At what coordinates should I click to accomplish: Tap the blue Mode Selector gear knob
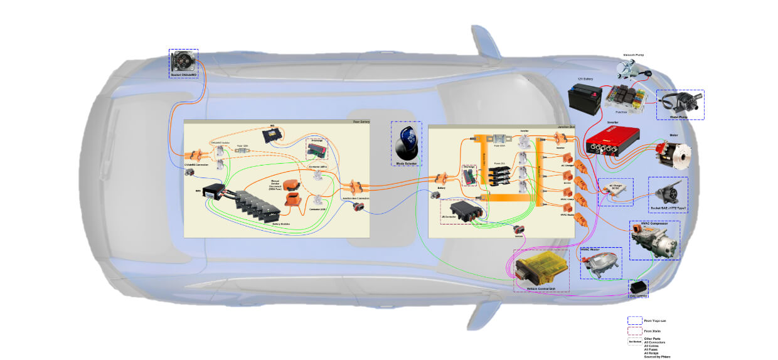pyautogui.click(x=406, y=143)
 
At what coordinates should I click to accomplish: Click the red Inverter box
pyautogui.click(x=612, y=140)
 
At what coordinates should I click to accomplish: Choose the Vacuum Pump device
pyautogui.click(x=632, y=68)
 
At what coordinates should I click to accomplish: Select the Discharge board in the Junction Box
pyautogui.click(x=469, y=175)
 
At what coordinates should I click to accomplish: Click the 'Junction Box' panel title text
pyautogui.click(x=566, y=127)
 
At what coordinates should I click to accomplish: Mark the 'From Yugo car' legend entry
pyautogui.click(x=655, y=320)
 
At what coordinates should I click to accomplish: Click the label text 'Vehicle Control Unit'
pyautogui.click(x=541, y=289)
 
